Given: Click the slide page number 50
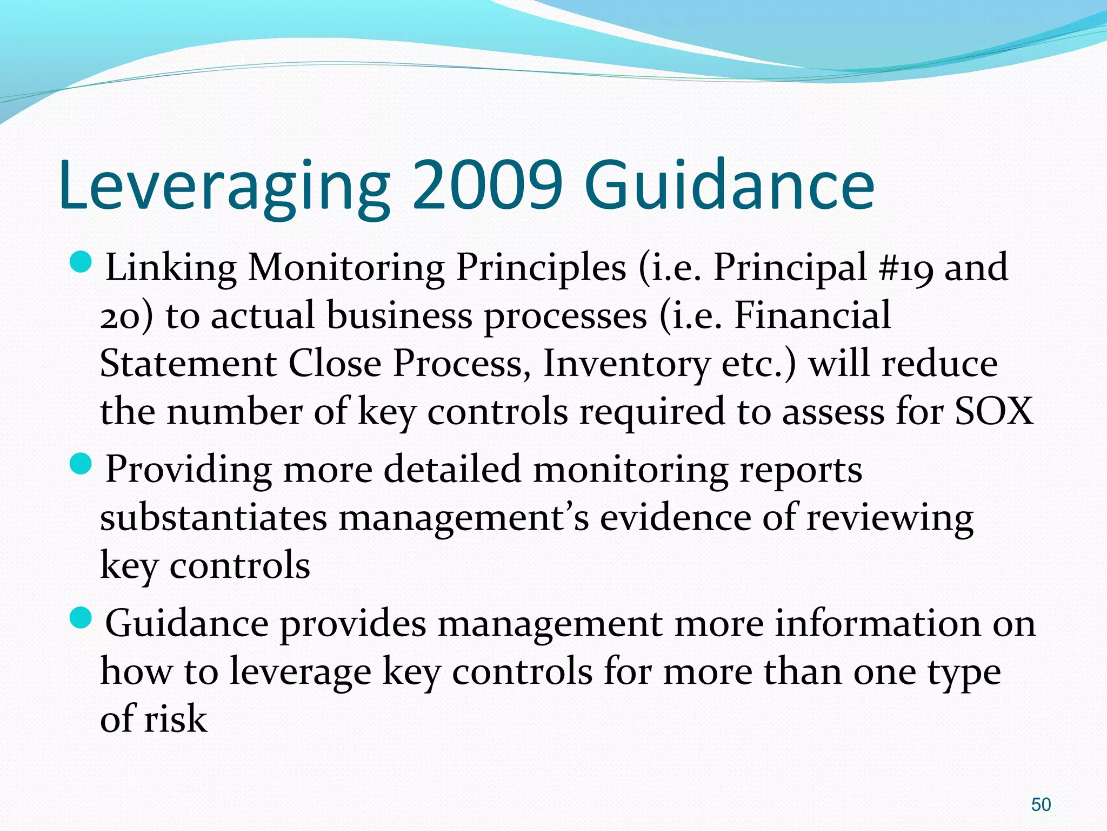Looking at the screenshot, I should pyautogui.click(x=1041, y=804).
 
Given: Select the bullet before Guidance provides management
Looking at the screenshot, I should pyautogui.click(x=82, y=618).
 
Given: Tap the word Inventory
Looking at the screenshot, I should pyautogui.click(x=626, y=364).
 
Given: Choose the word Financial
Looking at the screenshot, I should pyautogui.click(x=812, y=315).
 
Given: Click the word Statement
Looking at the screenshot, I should pyautogui.click(x=188, y=364).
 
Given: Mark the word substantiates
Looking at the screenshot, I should pyautogui.click(x=214, y=518).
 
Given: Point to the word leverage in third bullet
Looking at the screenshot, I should pyautogui.click(x=301, y=672).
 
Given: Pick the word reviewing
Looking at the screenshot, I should pyautogui.click(x=890, y=518).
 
